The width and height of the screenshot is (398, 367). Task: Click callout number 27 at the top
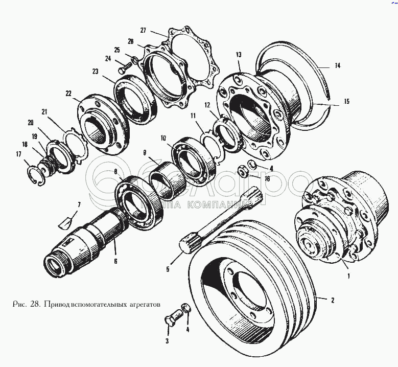point(143,30)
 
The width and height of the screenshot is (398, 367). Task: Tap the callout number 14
point(337,66)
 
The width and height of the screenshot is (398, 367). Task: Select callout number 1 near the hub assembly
point(348,277)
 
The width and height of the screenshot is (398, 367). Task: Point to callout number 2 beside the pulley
point(333,301)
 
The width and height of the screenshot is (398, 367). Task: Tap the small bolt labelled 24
point(123,66)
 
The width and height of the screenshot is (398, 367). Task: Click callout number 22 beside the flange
point(68,94)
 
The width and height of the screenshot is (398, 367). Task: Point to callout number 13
point(239,55)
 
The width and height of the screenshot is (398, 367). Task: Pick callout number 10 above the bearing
point(162,138)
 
